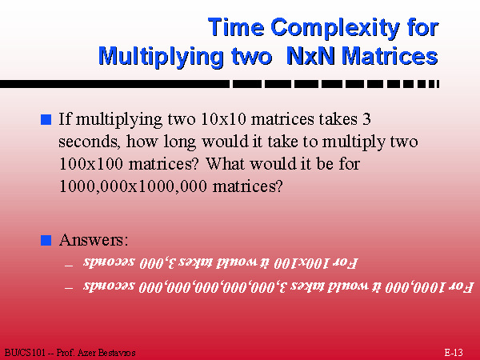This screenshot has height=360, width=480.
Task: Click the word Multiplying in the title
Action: [x=162, y=58]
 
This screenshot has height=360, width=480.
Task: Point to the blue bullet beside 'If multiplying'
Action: [x=46, y=119]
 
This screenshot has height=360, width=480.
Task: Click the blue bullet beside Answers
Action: [x=46, y=240]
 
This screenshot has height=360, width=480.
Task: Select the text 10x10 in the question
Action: [x=223, y=118]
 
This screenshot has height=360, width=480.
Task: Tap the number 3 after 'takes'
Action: [x=366, y=118]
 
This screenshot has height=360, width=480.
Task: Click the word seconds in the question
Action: [x=89, y=142]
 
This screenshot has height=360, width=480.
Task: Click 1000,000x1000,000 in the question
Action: [x=133, y=186]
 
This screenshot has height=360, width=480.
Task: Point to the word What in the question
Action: [x=226, y=164]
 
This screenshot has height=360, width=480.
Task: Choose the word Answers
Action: [x=94, y=240]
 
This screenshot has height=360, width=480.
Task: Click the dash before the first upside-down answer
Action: [x=69, y=265]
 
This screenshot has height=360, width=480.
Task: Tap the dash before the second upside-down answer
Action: [x=69, y=288]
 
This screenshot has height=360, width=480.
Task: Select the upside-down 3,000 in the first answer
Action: [x=157, y=263]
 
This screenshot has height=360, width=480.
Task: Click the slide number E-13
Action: [x=454, y=353]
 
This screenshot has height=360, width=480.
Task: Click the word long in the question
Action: [x=179, y=142]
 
